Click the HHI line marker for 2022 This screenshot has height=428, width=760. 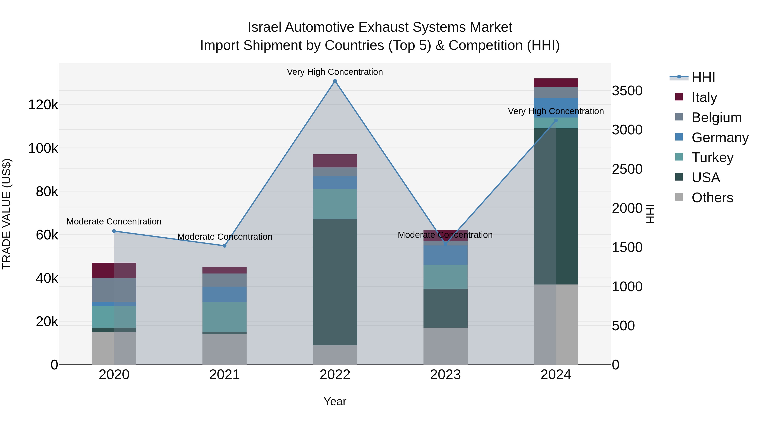point(335,81)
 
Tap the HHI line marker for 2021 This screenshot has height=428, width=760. point(225,246)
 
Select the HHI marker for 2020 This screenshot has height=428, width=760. point(114,231)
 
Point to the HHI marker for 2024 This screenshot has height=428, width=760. point(556,120)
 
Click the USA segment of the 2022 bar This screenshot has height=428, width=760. point(335,282)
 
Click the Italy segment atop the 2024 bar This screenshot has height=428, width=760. point(556,83)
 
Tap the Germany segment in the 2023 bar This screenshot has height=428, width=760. point(445,255)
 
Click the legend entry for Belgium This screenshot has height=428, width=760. point(716,118)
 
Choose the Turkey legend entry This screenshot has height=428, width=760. point(712,157)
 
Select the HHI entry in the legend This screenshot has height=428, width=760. point(703,77)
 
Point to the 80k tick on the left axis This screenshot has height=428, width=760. point(47,192)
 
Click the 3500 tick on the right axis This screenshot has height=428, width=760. point(627,91)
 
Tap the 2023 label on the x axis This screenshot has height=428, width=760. point(445,375)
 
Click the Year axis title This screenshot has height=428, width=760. point(335,401)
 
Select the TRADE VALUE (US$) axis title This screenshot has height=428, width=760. point(7,214)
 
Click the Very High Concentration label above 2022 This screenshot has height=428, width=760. point(335,72)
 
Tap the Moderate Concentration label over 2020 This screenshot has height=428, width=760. point(114,222)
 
